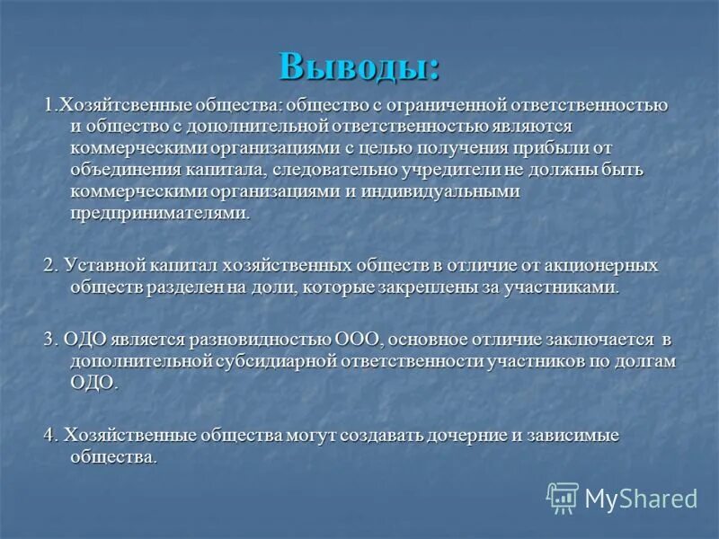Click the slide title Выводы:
click(359, 66)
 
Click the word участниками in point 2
click(562, 287)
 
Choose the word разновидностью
click(260, 340)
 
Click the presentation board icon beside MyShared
click(563, 498)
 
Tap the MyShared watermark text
click(641, 499)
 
